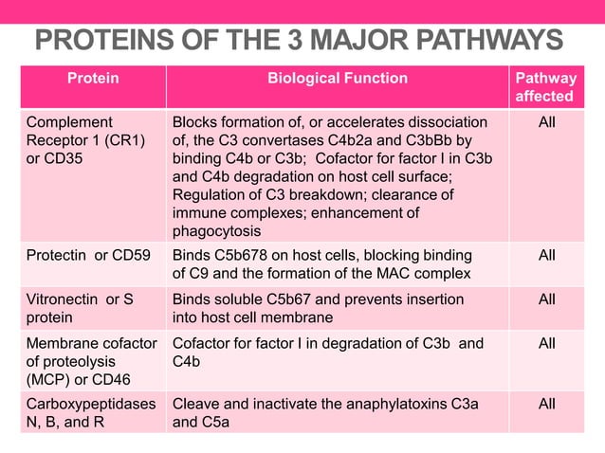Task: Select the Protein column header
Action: [93, 79]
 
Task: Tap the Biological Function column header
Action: [337, 79]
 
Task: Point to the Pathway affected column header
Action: [544, 87]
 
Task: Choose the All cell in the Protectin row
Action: [547, 256]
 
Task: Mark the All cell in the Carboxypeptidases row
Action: [547, 404]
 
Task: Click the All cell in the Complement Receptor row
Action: [547, 122]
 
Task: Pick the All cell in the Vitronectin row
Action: [547, 299]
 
